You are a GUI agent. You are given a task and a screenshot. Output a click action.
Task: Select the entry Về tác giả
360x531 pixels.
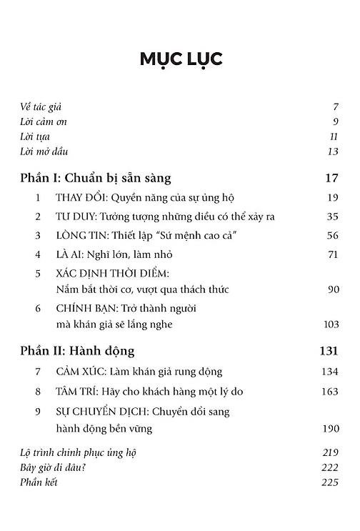41,106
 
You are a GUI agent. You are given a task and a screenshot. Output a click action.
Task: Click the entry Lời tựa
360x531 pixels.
35,137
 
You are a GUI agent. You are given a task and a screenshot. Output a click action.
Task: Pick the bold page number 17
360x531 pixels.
330,177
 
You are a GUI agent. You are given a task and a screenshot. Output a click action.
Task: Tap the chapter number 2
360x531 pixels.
37,217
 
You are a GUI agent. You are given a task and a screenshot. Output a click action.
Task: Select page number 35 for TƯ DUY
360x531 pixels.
331,217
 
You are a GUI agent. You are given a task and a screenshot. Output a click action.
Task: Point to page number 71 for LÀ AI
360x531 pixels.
332,254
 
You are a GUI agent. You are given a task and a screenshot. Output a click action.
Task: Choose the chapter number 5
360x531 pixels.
37,274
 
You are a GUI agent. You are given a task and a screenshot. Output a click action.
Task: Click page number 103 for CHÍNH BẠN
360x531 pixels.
329,324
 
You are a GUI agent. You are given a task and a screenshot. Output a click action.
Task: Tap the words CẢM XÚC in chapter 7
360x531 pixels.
74,372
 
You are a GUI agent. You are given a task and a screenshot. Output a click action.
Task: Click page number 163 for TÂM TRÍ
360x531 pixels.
329,391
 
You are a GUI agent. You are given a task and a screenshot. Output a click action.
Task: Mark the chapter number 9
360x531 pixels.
37,411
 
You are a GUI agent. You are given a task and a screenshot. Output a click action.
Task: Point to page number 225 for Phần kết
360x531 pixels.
329,482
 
